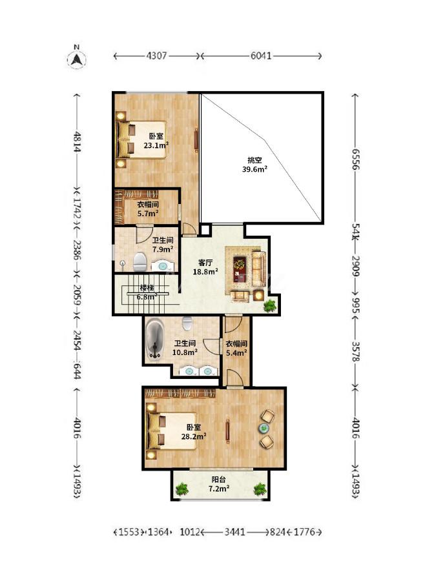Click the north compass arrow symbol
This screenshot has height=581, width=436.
tap(77, 59)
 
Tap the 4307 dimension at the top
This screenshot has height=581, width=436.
tap(157, 56)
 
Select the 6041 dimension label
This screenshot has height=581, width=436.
tap(261, 56)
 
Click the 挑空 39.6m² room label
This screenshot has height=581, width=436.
tap(254, 165)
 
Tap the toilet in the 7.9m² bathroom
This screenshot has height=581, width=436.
tap(140, 262)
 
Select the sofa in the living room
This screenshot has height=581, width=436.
tap(259, 269)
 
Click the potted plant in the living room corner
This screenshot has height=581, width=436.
tap(269, 306)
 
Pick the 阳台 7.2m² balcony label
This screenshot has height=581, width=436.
tap(218, 484)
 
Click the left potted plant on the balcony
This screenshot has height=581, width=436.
tap(182, 489)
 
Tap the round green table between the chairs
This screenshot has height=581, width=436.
tap(264, 429)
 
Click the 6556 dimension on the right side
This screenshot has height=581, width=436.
tap(355, 159)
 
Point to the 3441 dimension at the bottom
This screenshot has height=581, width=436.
tap(234, 532)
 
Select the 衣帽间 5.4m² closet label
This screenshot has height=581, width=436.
tap(236, 349)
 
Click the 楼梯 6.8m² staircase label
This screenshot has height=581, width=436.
tap(147, 292)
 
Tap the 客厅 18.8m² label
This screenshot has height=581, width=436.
tap(205, 267)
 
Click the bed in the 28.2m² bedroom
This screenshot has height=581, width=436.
tap(171, 431)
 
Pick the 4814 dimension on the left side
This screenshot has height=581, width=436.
tap(77, 141)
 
